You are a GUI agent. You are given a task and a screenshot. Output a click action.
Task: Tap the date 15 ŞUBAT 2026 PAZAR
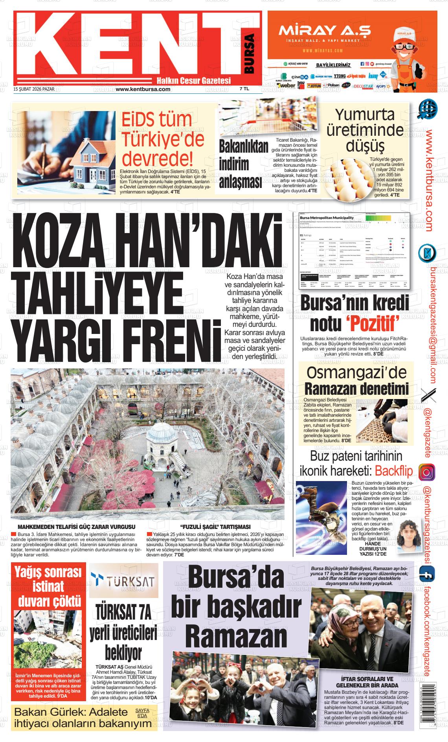click(x=34, y=89)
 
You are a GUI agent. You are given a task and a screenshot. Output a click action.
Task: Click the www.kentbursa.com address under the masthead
click(x=143, y=89)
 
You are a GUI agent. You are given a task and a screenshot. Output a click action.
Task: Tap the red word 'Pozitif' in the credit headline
click(x=373, y=323)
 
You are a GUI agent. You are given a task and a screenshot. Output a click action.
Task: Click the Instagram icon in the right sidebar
click(x=426, y=472)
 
